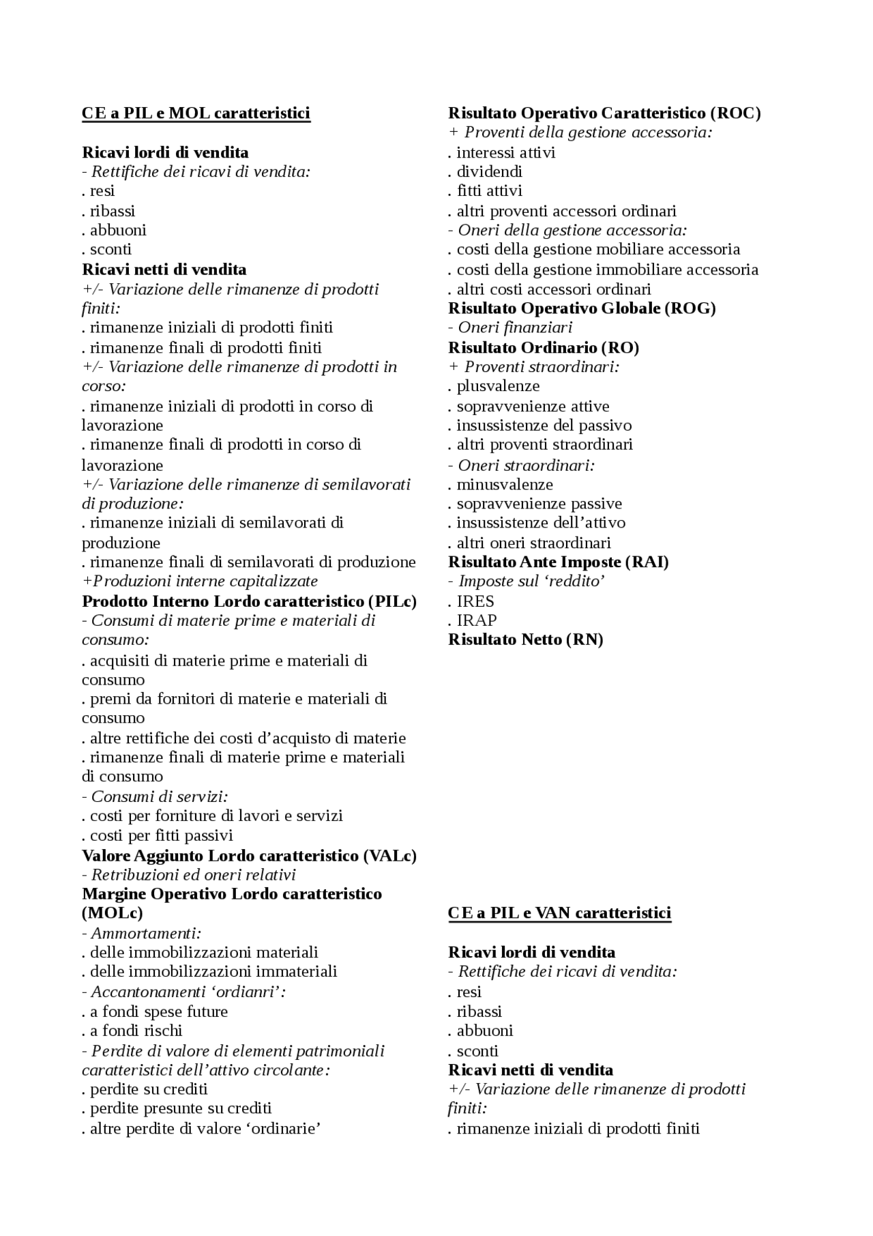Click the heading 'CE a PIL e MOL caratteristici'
point(196,113)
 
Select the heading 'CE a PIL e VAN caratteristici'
point(559,913)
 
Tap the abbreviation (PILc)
point(392,601)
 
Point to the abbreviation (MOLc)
point(113,913)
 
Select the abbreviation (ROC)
point(735,113)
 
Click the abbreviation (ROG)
point(690,308)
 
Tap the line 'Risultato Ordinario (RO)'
point(544,348)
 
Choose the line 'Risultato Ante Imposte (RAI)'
point(558,562)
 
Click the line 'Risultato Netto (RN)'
point(525,640)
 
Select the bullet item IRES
point(475,601)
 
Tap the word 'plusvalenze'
point(498,386)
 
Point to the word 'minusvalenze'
point(505,485)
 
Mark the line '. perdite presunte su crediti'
point(177,1108)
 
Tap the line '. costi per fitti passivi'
point(158,836)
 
